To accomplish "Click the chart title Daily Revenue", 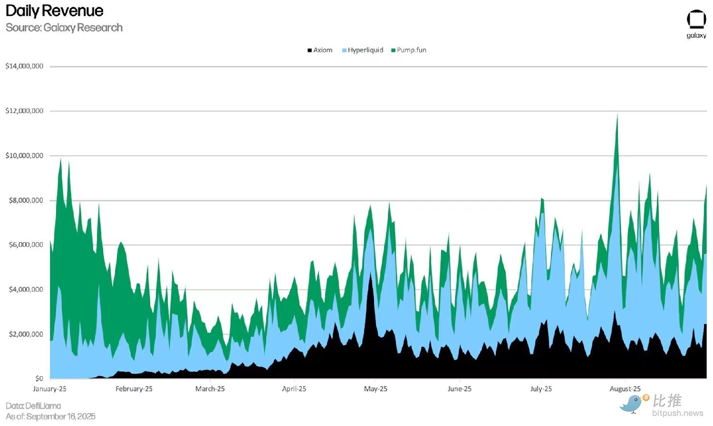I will (x=54, y=10).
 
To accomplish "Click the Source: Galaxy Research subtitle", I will (x=64, y=28).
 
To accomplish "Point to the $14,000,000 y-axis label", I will (x=24, y=66).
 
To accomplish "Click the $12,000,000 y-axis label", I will (x=24, y=111).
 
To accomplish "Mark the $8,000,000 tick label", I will (x=26, y=200).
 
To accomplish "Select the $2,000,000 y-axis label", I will (x=26, y=334).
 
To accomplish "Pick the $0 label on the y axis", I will (x=39, y=379).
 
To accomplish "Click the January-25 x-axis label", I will (x=50, y=389).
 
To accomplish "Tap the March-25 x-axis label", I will (x=210, y=389).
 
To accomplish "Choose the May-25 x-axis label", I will (x=376, y=389).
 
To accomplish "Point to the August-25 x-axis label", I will (x=625, y=389).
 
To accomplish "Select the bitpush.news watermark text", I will (x=677, y=413).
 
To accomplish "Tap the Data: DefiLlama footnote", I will (x=33, y=406).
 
